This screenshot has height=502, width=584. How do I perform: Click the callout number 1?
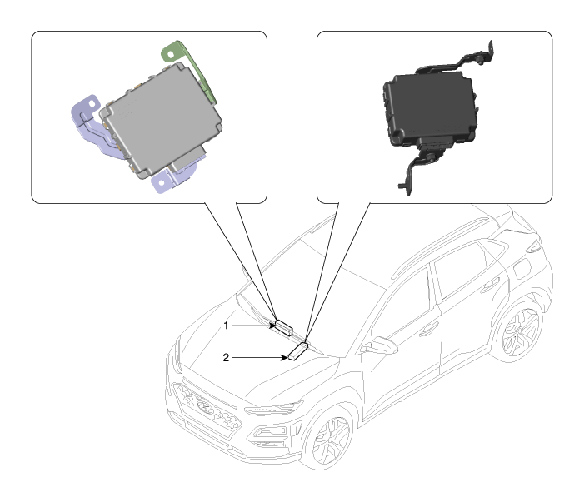(226, 326)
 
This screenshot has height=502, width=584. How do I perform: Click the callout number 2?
(226, 358)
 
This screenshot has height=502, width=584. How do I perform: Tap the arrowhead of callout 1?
(273, 326)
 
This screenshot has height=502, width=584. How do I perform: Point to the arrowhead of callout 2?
(285, 358)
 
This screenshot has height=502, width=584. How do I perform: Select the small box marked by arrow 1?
(284, 327)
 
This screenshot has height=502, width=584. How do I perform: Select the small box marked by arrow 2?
(298, 351)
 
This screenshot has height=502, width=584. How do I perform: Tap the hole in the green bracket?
(171, 55)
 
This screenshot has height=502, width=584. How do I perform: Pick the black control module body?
(430, 108)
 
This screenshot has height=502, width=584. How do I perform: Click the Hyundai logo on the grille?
(204, 407)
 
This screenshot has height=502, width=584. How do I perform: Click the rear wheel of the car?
(520, 331)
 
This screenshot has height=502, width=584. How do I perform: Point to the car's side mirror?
(380, 345)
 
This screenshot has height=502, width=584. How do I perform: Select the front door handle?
(428, 330)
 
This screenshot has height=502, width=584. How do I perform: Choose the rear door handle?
(490, 285)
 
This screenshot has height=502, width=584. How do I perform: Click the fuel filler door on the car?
(522, 269)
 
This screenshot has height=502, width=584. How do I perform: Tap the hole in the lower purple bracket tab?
(162, 182)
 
